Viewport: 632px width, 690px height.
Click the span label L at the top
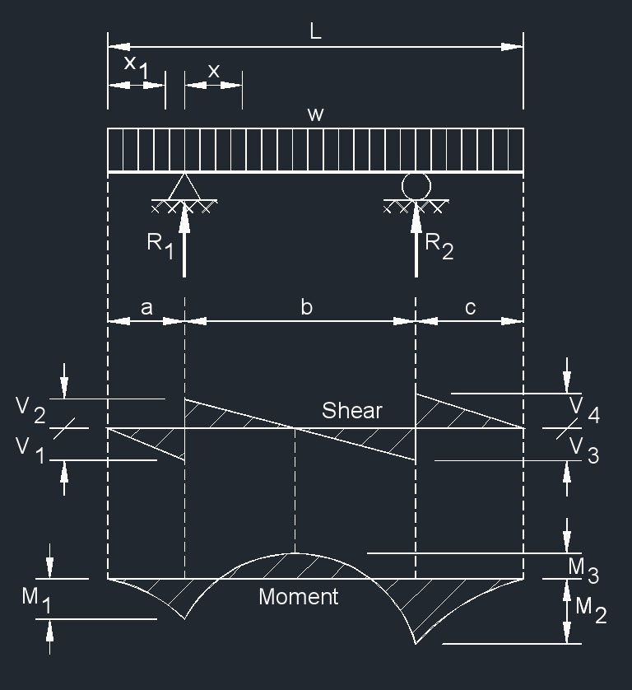point(315,32)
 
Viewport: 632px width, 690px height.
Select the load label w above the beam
point(315,114)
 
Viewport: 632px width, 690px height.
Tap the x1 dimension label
point(136,68)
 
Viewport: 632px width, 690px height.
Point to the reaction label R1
point(160,245)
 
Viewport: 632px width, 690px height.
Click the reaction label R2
point(439,245)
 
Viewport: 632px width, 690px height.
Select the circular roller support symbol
point(416,185)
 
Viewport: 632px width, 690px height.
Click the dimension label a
point(146,307)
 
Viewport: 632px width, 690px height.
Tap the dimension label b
point(306,307)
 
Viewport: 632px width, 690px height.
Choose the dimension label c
point(470,307)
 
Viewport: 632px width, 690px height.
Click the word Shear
point(351,410)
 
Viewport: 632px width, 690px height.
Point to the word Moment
point(298,597)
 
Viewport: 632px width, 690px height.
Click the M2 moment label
point(590,609)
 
